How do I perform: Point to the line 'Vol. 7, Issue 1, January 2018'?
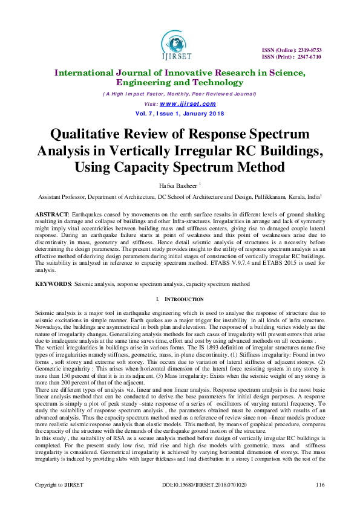click(x=179, y=113)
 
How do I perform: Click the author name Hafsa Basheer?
click(x=177, y=186)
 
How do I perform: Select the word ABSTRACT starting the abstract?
click(x=50, y=214)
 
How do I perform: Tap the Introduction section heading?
click(x=183, y=299)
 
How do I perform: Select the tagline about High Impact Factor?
click(x=179, y=94)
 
